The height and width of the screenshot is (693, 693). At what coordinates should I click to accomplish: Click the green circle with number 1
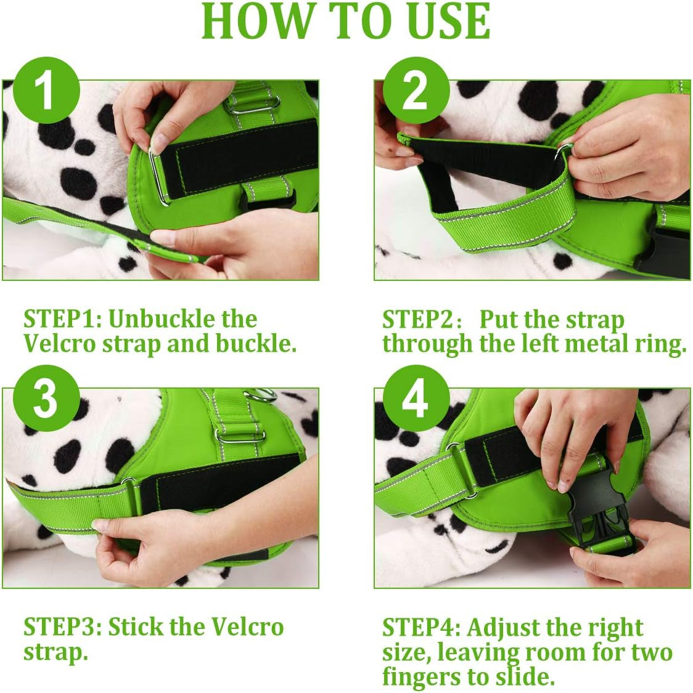46,91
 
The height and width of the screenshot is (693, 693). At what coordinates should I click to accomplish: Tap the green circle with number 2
416,91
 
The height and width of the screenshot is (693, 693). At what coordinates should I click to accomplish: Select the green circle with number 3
46,399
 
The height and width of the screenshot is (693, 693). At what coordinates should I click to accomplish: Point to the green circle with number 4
416,399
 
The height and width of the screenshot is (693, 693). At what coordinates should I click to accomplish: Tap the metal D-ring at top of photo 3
260,394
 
